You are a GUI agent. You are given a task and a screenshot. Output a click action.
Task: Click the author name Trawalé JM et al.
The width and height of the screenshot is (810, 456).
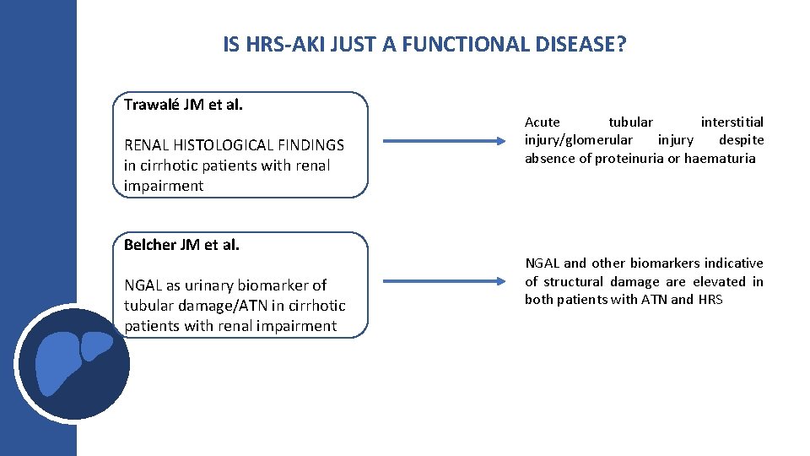tap(183, 106)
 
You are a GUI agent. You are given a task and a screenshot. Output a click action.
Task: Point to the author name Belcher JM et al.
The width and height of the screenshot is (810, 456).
tap(181, 245)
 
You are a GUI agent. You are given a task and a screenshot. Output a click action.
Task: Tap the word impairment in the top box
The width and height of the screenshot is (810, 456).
tap(164, 186)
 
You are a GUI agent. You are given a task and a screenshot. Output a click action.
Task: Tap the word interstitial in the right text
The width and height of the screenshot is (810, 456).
tap(732, 122)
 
